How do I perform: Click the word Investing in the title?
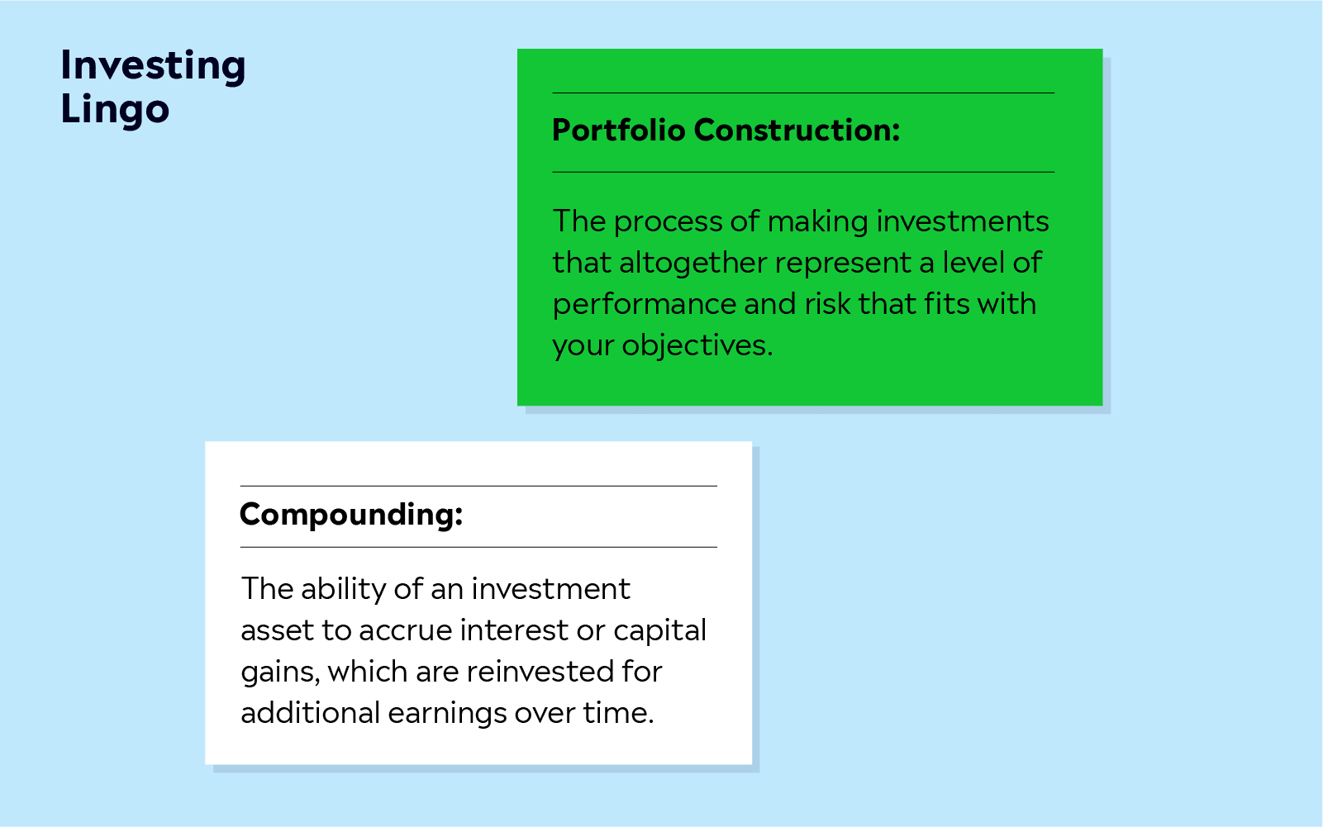(153, 65)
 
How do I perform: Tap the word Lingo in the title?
(115, 110)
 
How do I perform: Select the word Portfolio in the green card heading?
(618, 130)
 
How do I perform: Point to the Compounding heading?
(351, 515)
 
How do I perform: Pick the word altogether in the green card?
(692, 264)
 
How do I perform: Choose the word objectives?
(697, 345)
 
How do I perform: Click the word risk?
(827, 303)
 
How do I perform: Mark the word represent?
(843, 264)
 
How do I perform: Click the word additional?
(310, 712)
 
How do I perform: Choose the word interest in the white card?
(512, 630)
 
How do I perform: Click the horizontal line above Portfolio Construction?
(803, 93)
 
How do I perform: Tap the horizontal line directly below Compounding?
(478, 547)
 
